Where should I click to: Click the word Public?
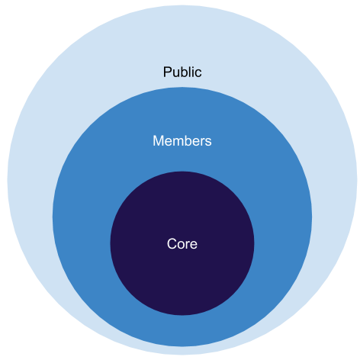[x=182, y=72]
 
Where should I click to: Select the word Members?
[x=182, y=141]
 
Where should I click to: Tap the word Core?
[x=182, y=244]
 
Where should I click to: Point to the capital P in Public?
[x=167, y=72]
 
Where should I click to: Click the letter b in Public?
[x=184, y=72]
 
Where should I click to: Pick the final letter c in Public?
[x=198, y=73]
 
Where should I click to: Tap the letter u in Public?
[x=176, y=73]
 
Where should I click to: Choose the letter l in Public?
[x=191, y=72]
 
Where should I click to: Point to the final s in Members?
[x=208, y=143]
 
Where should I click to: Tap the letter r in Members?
[x=202, y=142]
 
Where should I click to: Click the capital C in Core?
[x=172, y=244]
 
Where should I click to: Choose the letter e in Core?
[x=194, y=246]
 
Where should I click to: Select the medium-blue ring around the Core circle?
[x=82, y=217]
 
